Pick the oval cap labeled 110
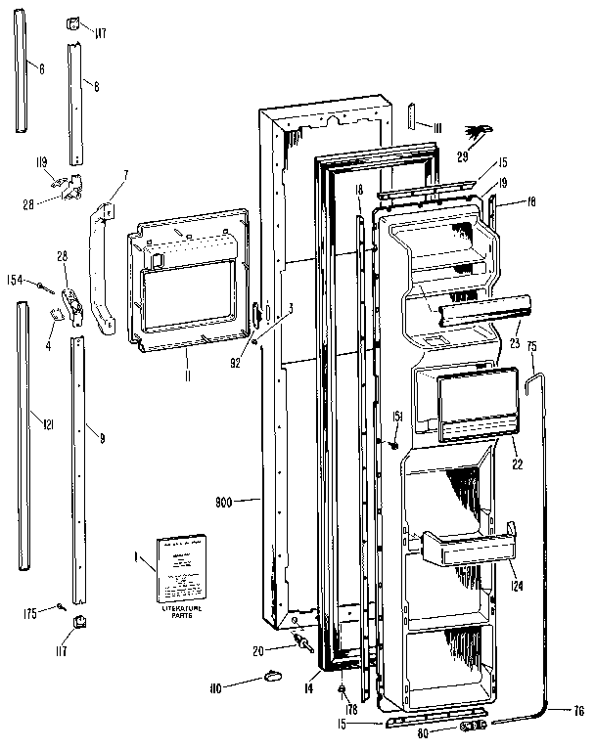click(x=271, y=677)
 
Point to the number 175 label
click(x=29, y=613)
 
